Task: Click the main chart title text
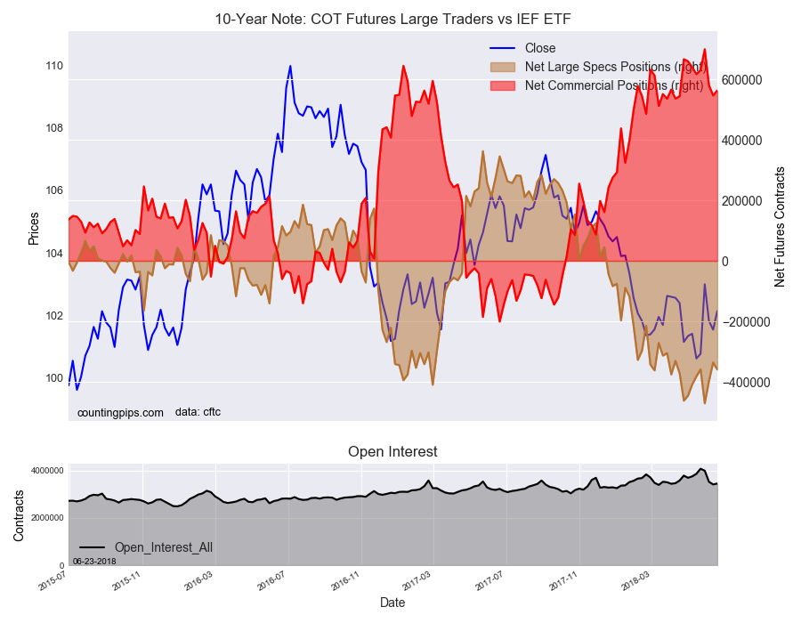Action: pos(392,20)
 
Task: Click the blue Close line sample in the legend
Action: pos(502,48)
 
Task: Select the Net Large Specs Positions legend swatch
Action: pos(502,67)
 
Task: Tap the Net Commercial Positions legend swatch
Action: pos(502,85)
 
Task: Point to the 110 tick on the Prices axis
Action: pos(54,66)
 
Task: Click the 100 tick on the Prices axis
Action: pos(54,378)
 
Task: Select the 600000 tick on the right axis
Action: pos(741,80)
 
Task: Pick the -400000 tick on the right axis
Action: pos(746,383)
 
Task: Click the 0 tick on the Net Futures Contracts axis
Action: pos(724,262)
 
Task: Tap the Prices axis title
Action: pos(34,228)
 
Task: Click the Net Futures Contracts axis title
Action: pos(780,227)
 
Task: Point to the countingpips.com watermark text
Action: pos(120,413)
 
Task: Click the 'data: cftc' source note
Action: pos(198,412)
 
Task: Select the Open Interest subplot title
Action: pos(392,451)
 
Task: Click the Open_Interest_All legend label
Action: pos(164,547)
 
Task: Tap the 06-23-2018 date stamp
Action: pos(94,562)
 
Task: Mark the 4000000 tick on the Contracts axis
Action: pos(46,470)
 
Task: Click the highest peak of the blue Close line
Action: pos(290,66)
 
